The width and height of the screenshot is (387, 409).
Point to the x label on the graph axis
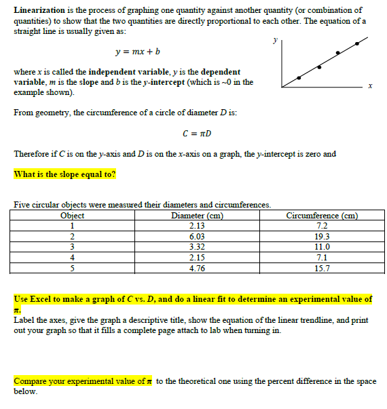coord(370,85)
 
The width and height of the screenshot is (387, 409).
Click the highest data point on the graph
coord(358,43)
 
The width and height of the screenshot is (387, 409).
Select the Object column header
coord(73,216)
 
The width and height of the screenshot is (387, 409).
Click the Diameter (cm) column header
coord(198,216)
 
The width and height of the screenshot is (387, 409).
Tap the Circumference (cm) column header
coord(323,216)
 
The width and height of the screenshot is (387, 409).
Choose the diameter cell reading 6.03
coord(197,235)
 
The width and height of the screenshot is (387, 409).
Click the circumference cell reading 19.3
coord(322,235)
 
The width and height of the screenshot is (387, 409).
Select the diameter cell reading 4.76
coord(197,267)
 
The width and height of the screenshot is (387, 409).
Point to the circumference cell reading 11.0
coord(322,246)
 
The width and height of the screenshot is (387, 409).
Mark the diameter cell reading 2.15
coord(197,257)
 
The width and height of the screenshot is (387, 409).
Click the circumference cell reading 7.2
coord(322,225)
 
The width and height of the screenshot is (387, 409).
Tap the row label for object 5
coord(73,267)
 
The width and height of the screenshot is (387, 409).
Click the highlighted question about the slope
coord(64,174)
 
